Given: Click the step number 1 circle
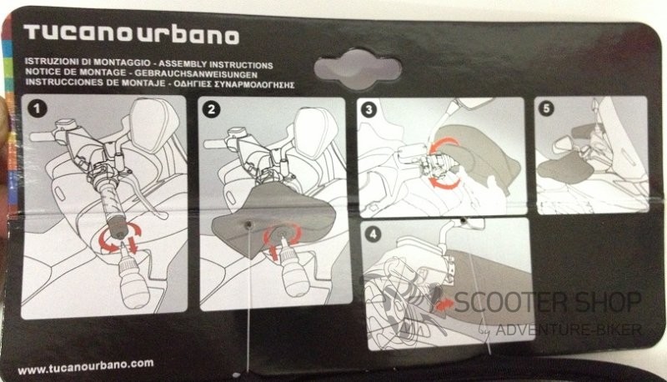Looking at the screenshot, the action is [x=37, y=108].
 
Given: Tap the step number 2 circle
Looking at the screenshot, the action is [x=212, y=110].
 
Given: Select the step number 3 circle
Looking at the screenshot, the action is [x=369, y=110].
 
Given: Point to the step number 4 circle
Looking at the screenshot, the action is [x=373, y=234].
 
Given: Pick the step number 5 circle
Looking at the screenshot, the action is [x=546, y=108].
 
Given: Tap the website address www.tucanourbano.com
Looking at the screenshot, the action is [x=86, y=367].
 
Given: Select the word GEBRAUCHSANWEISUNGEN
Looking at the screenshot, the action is [x=197, y=74].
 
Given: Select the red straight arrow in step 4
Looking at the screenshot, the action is [x=444, y=304].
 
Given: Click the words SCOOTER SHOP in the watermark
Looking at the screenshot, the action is [x=548, y=302].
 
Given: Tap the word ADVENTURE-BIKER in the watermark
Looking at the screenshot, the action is [x=569, y=329].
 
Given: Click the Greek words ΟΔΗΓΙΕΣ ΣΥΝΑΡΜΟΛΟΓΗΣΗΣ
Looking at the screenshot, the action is [x=233, y=84].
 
